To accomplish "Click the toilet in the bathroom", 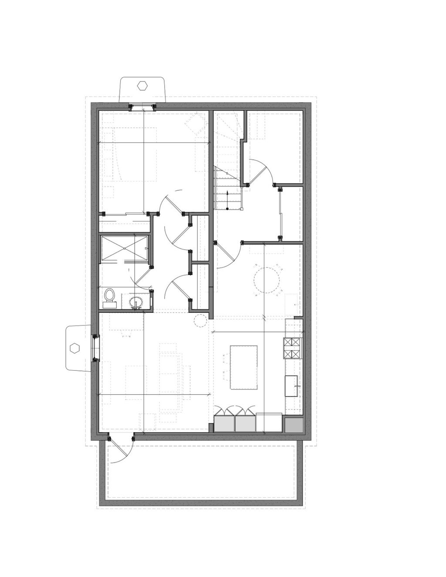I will [x=109, y=295].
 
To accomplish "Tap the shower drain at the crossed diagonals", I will [x=125, y=248].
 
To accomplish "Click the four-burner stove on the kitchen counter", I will [x=292, y=348].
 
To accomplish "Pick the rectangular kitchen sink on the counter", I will [x=292, y=386].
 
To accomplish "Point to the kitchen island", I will [x=243, y=367].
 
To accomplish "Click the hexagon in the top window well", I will [x=142, y=85].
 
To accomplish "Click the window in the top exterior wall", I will [x=142, y=107].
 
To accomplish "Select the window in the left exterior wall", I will [x=94, y=348].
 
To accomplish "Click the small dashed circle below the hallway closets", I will [x=200, y=321].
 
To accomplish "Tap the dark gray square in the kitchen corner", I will [x=294, y=425].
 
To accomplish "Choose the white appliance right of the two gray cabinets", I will [x=269, y=422].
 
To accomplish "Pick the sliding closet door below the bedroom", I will [x=124, y=214].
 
